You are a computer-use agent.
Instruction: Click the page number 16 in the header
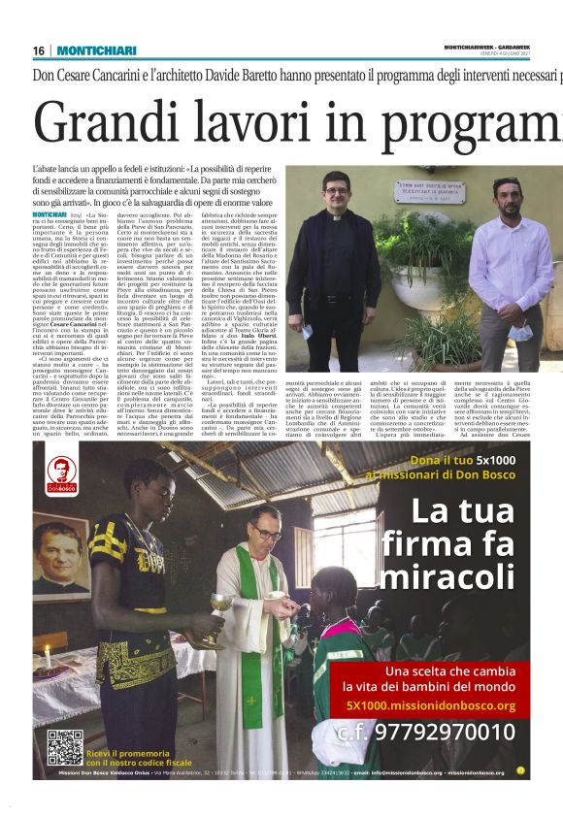(x=39, y=50)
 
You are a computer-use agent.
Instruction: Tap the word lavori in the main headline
(x=293, y=121)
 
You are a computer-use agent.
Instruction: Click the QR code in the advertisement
(x=64, y=747)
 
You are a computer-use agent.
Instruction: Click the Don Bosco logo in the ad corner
(x=61, y=473)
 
